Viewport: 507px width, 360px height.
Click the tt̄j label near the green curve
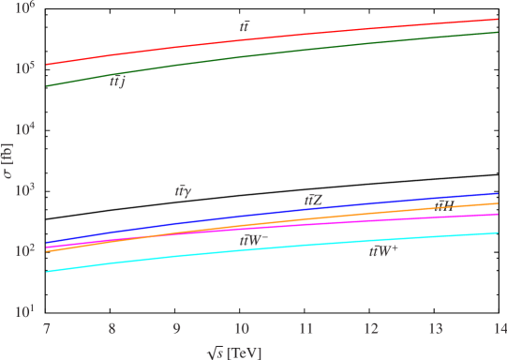click(x=118, y=82)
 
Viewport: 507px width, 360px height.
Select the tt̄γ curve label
click(x=184, y=190)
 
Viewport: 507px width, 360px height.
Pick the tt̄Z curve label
click(x=313, y=200)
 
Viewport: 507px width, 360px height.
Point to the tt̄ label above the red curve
click(x=245, y=27)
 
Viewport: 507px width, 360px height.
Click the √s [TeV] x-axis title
click(x=236, y=352)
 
